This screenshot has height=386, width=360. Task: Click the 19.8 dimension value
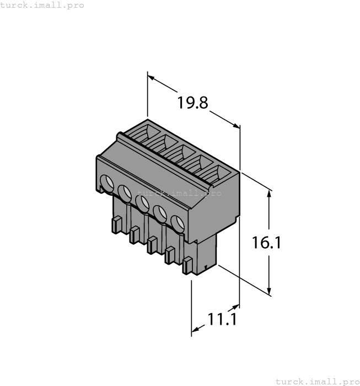(192, 103)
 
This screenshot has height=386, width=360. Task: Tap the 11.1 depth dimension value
(222, 319)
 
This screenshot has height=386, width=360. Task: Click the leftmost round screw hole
(105, 182)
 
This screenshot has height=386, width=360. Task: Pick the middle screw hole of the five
(142, 203)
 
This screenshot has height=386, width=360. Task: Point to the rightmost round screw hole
(177, 223)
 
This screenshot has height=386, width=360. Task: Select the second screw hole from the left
(124, 192)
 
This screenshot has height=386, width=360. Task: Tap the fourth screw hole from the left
(160, 213)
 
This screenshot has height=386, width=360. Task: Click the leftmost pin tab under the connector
(116, 224)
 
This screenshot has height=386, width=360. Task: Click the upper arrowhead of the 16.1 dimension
(270, 194)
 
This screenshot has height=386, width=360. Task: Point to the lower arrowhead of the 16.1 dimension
(270, 292)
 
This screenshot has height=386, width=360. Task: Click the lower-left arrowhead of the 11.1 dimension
(195, 331)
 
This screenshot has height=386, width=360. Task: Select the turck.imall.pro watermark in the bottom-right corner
(316, 381)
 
